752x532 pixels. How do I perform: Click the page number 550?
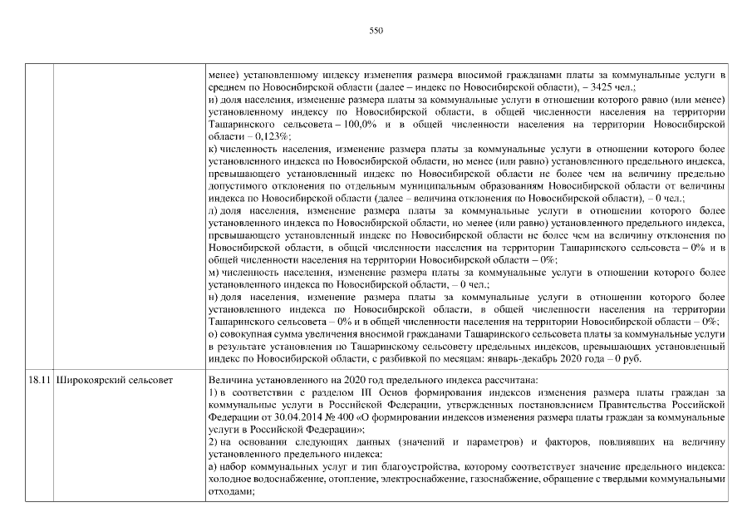tap(376, 30)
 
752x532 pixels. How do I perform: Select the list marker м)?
tap(214, 272)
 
